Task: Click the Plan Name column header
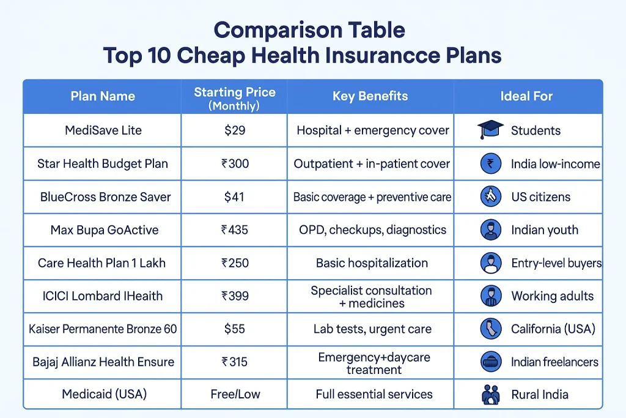(103, 96)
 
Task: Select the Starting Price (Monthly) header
(235, 98)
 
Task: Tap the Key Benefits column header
(370, 96)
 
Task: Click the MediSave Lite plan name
(102, 130)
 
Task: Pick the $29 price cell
(235, 130)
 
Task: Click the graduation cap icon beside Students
(490, 130)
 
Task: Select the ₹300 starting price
(235, 164)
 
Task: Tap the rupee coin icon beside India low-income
(489, 163)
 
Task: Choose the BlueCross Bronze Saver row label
(105, 197)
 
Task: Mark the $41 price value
(235, 197)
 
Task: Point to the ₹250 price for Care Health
(235, 263)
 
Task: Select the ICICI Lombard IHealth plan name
(101, 296)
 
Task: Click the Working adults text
(552, 296)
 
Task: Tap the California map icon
(489, 329)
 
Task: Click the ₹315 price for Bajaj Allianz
(235, 362)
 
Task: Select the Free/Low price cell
(235, 395)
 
